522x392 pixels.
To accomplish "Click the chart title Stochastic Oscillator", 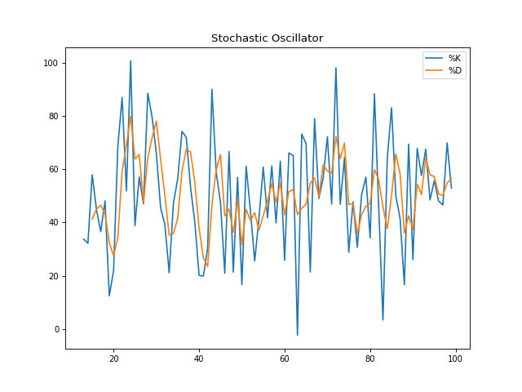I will tap(267, 38).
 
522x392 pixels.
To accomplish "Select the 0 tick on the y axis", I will tap(55, 329).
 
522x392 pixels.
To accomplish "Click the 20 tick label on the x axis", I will tap(113, 359).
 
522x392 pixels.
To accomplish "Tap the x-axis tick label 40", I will tap(199, 359).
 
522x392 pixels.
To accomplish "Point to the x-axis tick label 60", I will tap(285, 359).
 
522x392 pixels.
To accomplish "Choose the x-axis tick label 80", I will tap(370, 359).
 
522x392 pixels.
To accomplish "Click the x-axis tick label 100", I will tap(456, 359).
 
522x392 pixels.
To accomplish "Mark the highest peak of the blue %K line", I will tap(130, 60).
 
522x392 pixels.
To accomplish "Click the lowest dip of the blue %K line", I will tap(298, 335).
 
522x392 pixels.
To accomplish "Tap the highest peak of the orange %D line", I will tap(130, 116).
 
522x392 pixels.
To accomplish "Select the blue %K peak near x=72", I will tap(336, 68).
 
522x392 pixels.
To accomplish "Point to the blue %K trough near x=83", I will tap(383, 319).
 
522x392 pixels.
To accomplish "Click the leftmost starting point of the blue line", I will tap(84, 239).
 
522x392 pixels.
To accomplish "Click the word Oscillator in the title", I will tap(294, 38).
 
